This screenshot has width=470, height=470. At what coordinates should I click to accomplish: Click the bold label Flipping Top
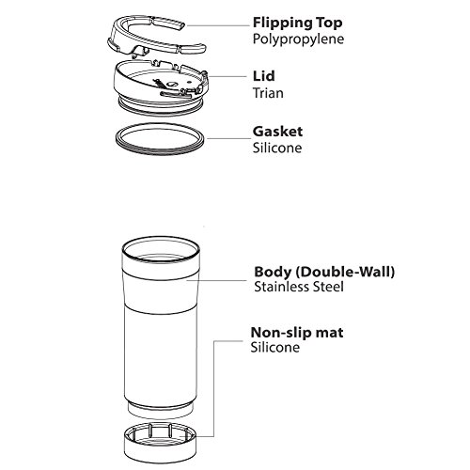tap(297, 23)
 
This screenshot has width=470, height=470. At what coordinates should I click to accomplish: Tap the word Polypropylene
tap(298, 39)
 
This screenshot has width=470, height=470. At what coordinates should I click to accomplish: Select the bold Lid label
tap(264, 76)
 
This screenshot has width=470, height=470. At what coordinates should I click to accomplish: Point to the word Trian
tap(268, 93)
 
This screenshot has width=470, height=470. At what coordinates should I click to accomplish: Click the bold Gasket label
tap(277, 132)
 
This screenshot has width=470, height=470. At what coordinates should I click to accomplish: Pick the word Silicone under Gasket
tap(277, 148)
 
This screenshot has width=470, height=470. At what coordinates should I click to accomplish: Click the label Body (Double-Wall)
tap(324, 272)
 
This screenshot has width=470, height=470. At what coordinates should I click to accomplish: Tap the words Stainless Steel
tap(299, 287)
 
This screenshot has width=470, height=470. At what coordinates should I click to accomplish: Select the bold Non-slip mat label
tap(297, 333)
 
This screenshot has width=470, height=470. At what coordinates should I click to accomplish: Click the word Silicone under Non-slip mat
tap(275, 347)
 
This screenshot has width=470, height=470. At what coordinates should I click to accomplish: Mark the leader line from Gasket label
tap(228, 138)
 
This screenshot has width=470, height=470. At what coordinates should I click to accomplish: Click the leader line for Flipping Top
tap(218, 25)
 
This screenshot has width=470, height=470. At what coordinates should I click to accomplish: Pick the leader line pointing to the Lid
tap(227, 76)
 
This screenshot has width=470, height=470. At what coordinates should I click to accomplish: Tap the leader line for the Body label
tap(217, 280)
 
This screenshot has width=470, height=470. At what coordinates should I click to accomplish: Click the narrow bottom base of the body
tap(161, 411)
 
